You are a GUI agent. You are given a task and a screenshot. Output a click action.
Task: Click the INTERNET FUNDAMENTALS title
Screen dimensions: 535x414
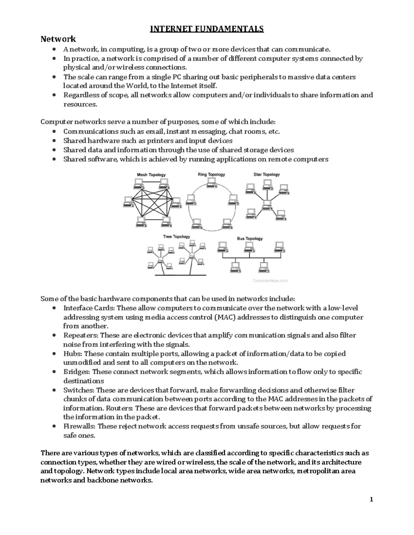[x=207, y=29]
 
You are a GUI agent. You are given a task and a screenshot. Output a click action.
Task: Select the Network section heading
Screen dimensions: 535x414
[x=58, y=39]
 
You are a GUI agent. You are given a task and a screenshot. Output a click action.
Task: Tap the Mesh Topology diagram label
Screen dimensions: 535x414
[x=151, y=175]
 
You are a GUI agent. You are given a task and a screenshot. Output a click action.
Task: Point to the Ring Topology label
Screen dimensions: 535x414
[x=211, y=174]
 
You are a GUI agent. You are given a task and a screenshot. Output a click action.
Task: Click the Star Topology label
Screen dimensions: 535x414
[x=267, y=174]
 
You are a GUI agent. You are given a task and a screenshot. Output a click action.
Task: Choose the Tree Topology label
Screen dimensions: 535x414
[x=176, y=237]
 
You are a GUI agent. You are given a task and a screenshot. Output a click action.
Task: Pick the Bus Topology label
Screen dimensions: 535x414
[x=250, y=238]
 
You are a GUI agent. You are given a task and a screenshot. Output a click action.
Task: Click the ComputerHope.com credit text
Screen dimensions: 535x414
[x=270, y=281]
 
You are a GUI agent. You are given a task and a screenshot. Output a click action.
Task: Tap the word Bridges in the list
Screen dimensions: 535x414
[x=77, y=372]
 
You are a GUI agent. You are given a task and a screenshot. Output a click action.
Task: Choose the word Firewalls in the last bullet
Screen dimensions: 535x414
[x=79, y=426]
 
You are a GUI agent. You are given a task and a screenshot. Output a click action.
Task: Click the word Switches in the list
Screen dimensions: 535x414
[x=79, y=390]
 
